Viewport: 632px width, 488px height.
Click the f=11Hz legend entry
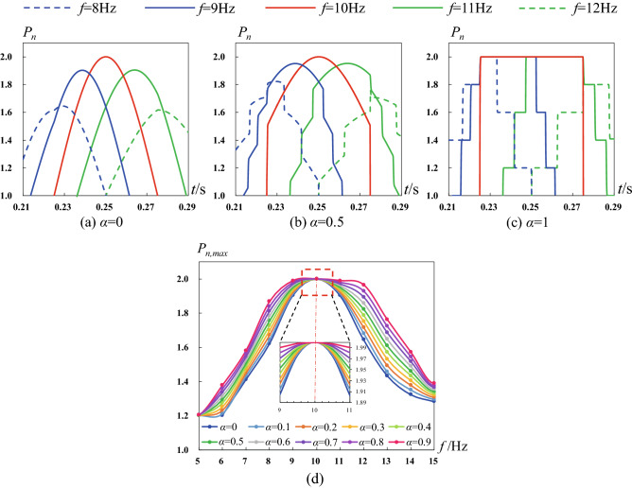[439, 11]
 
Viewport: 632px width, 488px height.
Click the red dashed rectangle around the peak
[316, 283]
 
